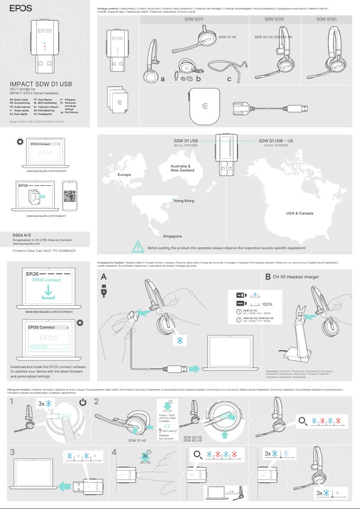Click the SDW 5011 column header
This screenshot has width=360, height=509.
(x=194, y=20)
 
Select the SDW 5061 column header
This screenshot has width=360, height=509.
(x=326, y=20)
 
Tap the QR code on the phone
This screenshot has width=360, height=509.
(x=70, y=196)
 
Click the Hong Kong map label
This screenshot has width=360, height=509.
(x=184, y=201)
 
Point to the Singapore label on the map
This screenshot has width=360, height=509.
(x=172, y=236)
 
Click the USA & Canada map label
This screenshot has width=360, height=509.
(x=300, y=213)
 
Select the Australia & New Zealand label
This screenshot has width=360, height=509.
(x=182, y=168)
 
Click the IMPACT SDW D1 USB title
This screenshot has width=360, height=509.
(x=41, y=84)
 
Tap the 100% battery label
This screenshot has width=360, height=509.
(x=267, y=304)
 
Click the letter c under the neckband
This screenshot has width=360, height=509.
(x=229, y=79)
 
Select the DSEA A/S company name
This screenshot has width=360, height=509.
(x=22, y=234)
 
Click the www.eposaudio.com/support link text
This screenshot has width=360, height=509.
(x=47, y=216)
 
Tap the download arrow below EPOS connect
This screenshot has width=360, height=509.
(x=47, y=293)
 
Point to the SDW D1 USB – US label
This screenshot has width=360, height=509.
(x=276, y=141)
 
